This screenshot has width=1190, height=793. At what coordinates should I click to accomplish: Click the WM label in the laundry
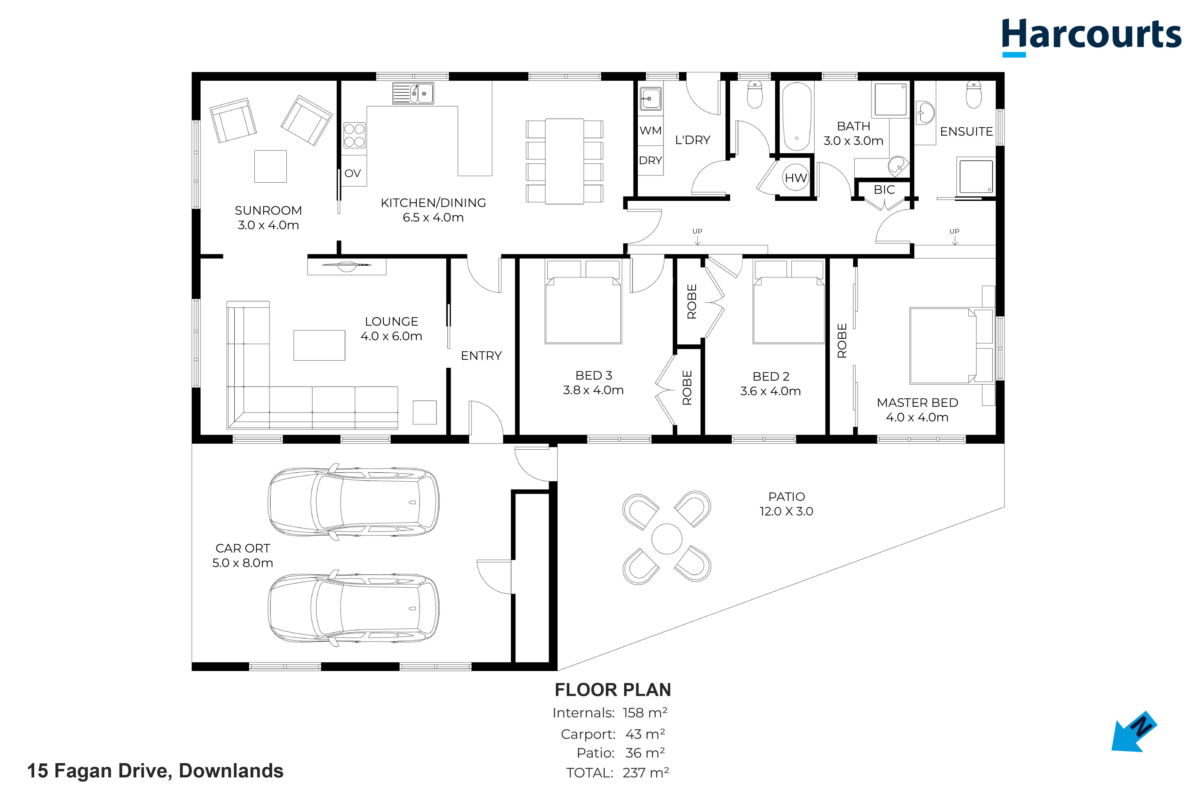click(x=650, y=131)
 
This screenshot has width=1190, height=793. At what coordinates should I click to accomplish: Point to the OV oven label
click(x=353, y=173)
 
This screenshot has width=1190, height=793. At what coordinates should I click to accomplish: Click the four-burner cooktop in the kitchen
click(x=354, y=135)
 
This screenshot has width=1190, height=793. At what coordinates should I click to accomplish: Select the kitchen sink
click(x=413, y=93)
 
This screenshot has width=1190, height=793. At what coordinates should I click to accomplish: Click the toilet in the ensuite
click(x=973, y=95)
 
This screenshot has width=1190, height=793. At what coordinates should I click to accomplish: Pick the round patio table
click(x=667, y=539)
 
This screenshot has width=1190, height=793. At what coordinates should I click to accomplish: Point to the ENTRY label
click(x=481, y=356)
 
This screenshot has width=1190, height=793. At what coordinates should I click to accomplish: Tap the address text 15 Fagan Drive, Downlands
click(x=155, y=771)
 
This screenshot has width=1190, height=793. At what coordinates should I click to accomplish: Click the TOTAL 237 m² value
click(x=646, y=773)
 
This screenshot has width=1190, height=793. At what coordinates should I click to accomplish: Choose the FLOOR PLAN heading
click(x=613, y=690)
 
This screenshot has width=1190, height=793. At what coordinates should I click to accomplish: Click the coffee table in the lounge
click(x=319, y=345)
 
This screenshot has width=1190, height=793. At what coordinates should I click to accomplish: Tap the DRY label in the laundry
click(x=650, y=160)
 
